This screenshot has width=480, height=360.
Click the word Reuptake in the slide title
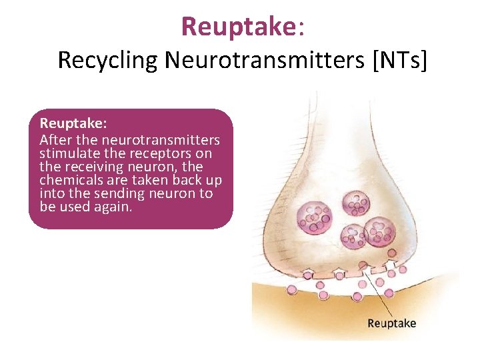pos(239,27)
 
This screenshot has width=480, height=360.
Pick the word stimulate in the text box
pos(69,154)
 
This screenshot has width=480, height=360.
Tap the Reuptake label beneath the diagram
pos(391,323)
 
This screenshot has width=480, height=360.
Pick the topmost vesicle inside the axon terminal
pos(356,203)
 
